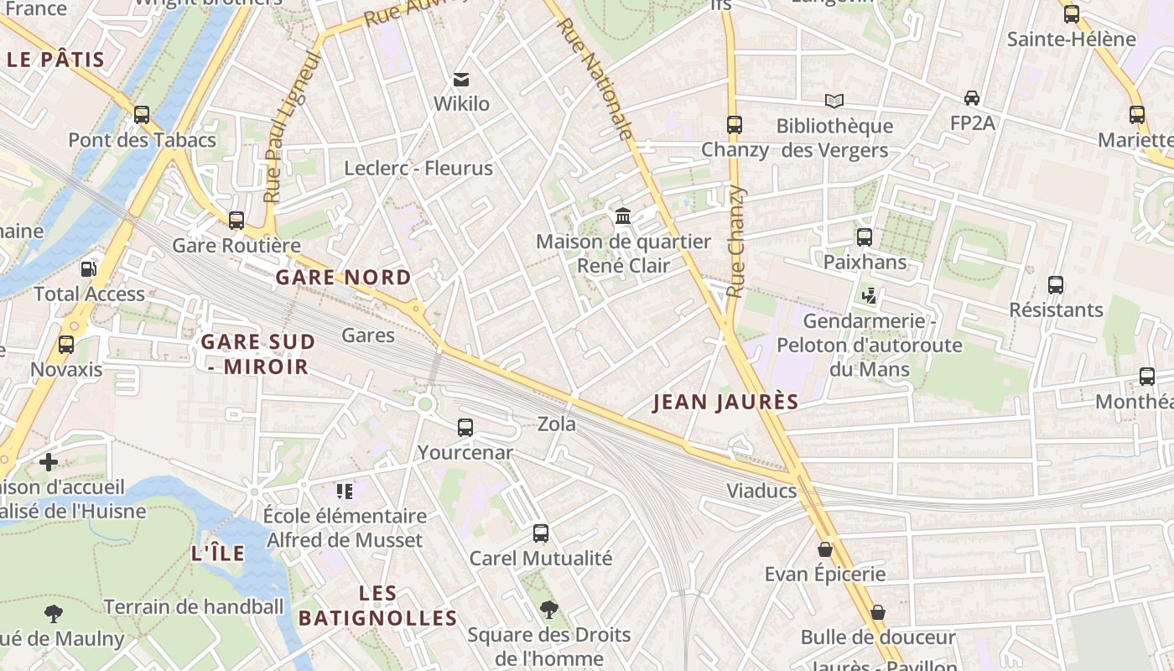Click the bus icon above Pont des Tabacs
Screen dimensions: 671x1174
[142, 115]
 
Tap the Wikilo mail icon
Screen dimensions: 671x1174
[460, 80]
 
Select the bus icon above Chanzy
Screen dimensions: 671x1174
[735, 125]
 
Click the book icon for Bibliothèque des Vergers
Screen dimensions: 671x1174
[834, 101]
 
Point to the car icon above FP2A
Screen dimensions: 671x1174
[972, 98]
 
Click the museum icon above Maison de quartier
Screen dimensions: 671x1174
[623, 217]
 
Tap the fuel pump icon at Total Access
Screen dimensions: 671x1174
[88, 269]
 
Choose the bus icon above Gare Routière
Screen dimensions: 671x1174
[236, 221]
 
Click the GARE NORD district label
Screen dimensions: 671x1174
[343, 278]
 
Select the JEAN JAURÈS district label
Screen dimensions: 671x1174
[725, 403]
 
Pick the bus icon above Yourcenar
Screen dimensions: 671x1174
[465, 428]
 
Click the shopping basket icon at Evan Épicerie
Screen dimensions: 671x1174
[825, 549]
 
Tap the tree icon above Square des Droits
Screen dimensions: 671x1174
[549, 609]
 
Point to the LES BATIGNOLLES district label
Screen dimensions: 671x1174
[377, 606]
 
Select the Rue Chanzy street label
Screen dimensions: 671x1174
[736, 242]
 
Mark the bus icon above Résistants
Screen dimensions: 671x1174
[1056, 285]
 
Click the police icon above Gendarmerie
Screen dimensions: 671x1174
[870, 296]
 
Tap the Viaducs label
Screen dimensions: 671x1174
[761, 492]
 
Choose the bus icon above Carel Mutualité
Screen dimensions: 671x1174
[541, 533]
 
